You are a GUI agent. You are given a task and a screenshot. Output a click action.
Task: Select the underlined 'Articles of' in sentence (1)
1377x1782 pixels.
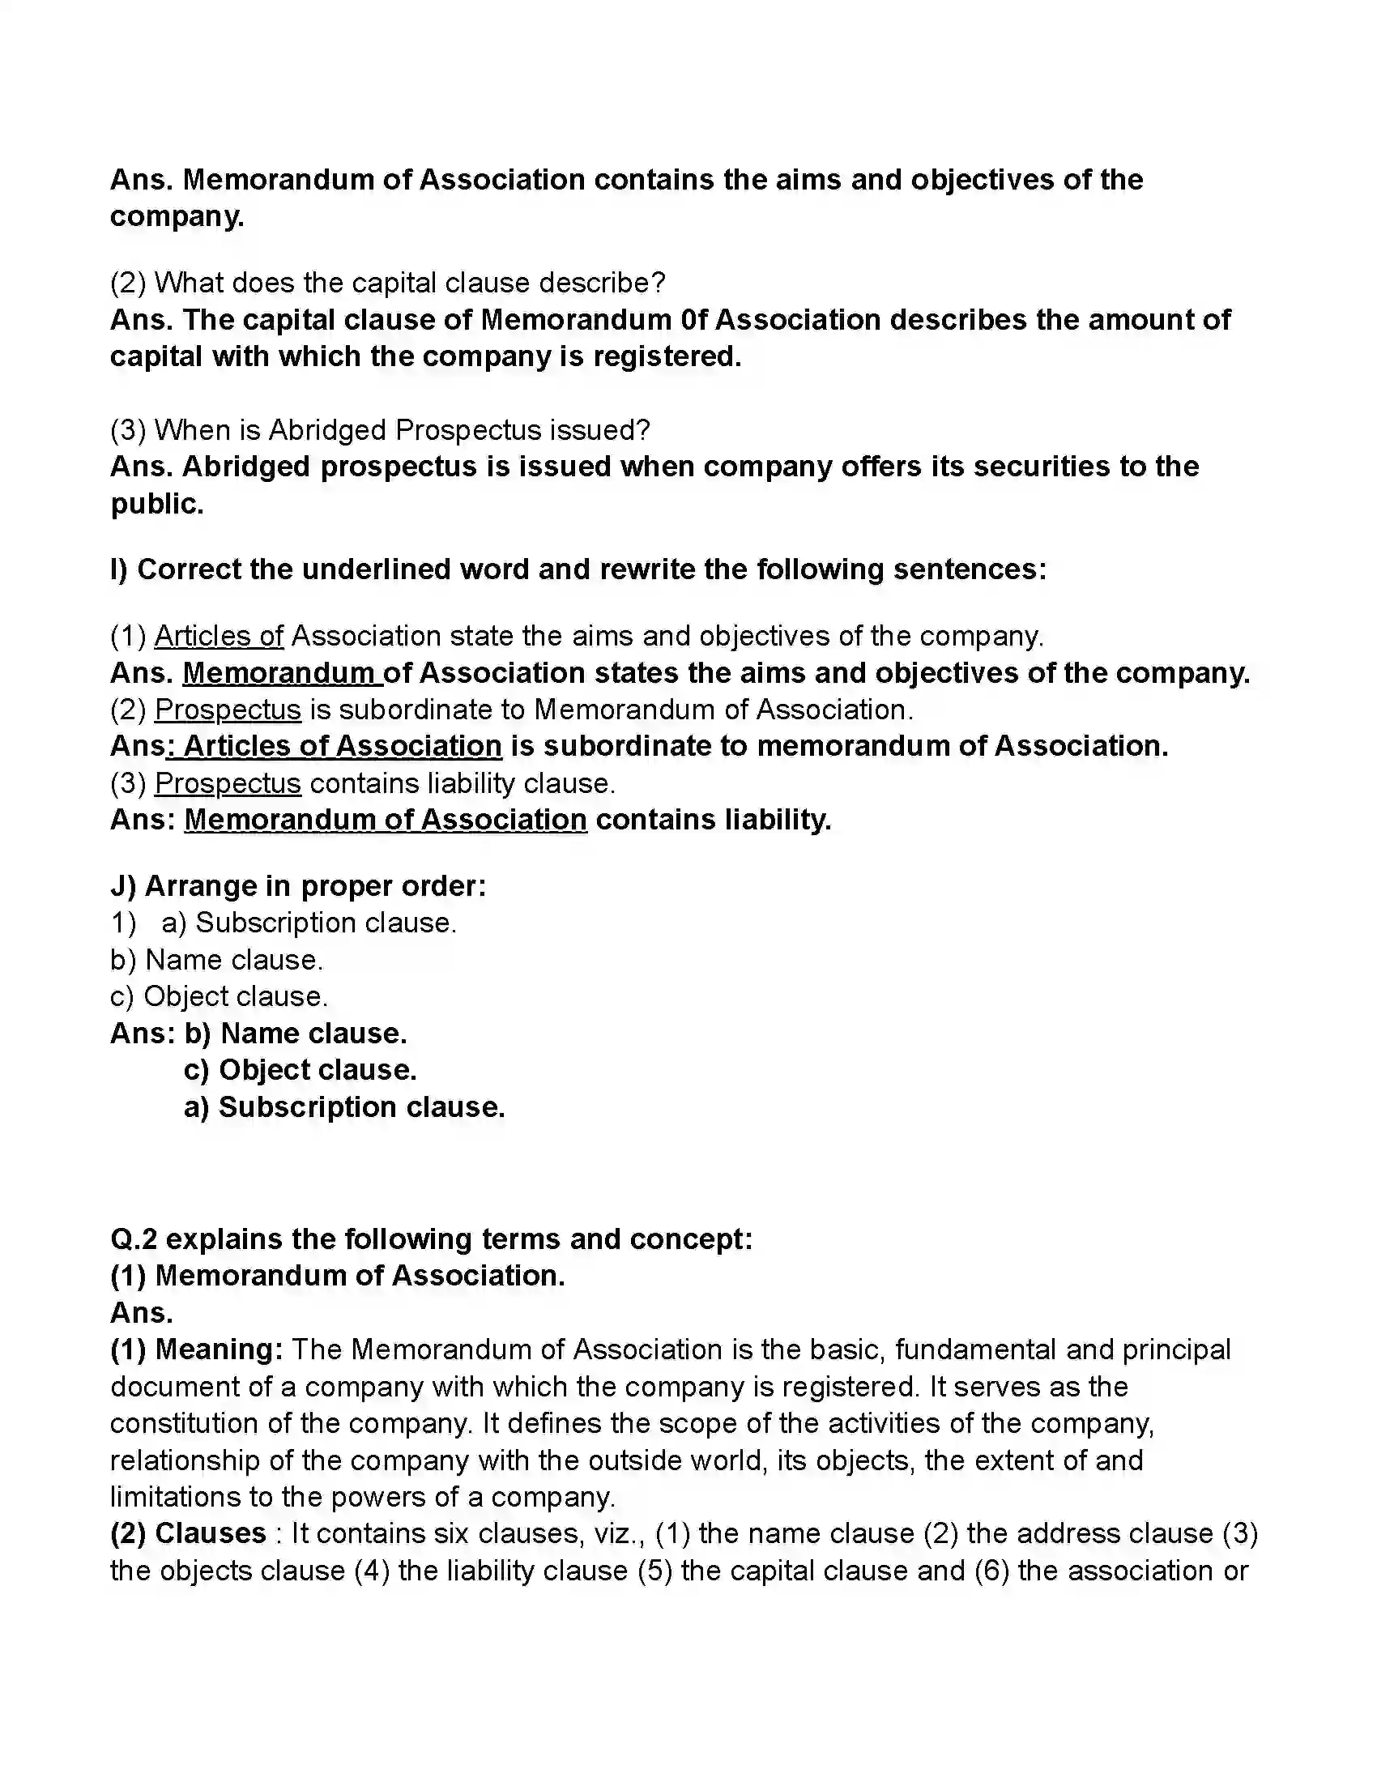[x=219, y=636]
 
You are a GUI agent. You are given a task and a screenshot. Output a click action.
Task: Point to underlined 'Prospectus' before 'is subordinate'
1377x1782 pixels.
[x=228, y=710]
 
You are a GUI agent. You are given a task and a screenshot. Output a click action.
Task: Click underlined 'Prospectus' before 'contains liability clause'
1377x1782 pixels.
[x=228, y=783]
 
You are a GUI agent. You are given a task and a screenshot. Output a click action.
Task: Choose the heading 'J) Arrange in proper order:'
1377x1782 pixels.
[x=298, y=886]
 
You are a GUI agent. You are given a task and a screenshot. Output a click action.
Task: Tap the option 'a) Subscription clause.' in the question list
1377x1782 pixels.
[x=309, y=923]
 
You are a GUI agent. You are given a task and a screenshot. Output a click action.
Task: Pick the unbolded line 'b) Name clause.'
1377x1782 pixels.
[x=216, y=960]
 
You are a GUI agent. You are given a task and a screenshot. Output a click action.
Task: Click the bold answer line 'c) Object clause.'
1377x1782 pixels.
[x=301, y=1070]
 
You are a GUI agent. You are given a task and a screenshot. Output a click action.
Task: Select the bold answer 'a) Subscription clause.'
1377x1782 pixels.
[x=344, y=1107]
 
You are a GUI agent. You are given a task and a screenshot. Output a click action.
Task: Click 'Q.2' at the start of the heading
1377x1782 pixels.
[x=133, y=1238]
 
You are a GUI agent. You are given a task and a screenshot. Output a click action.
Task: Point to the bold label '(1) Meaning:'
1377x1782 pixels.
[x=197, y=1349]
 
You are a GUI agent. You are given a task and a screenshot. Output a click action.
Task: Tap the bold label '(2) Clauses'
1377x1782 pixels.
[x=188, y=1533]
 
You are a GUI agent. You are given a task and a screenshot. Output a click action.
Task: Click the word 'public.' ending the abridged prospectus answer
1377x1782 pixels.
[x=156, y=505]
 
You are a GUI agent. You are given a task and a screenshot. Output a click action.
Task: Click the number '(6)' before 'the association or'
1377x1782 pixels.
[x=992, y=1571]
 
